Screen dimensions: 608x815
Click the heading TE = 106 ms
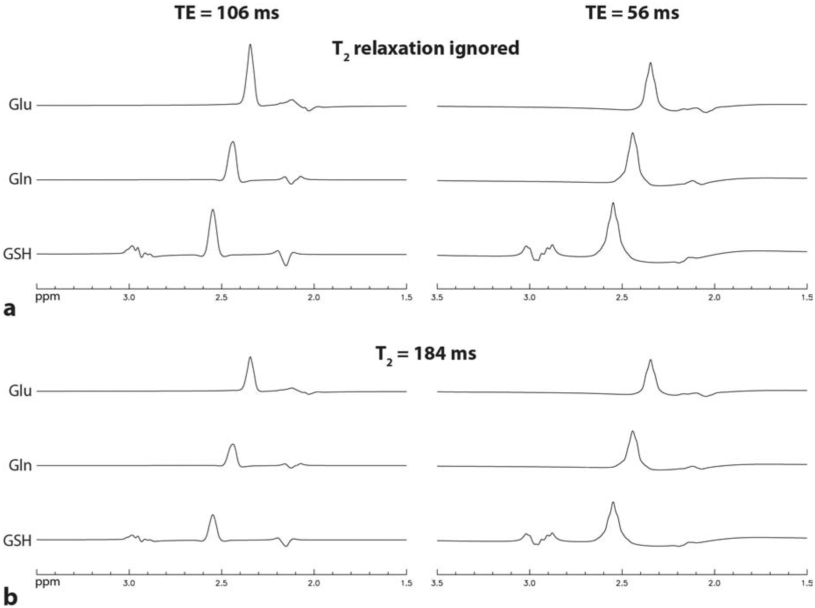[x=227, y=13]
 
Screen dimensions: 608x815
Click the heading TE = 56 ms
[x=632, y=13]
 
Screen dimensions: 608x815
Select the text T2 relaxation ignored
[x=425, y=48]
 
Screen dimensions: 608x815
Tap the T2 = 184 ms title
[x=425, y=353]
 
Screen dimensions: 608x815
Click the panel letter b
[x=10, y=597]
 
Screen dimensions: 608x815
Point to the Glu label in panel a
[x=20, y=105]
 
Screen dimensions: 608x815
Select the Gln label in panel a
[x=20, y=179]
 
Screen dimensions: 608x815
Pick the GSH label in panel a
[x=18, y=254]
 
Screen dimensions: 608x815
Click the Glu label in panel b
[x=20, y=391]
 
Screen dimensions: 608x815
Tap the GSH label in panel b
[x=18, y=540]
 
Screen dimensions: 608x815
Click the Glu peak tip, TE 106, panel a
[x=250, y=45]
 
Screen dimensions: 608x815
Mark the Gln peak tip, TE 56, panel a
[x=632, y=133]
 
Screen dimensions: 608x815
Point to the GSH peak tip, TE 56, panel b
[x=613, y=502]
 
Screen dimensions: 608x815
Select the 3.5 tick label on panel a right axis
[x=437, y=298]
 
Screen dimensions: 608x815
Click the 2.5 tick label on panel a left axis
[x=221, y=298]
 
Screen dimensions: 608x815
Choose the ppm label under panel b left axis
[x=47, y=583]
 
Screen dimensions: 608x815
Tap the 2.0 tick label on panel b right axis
[x=714, y=583]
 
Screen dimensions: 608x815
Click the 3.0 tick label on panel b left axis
[x=129, y=583]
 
